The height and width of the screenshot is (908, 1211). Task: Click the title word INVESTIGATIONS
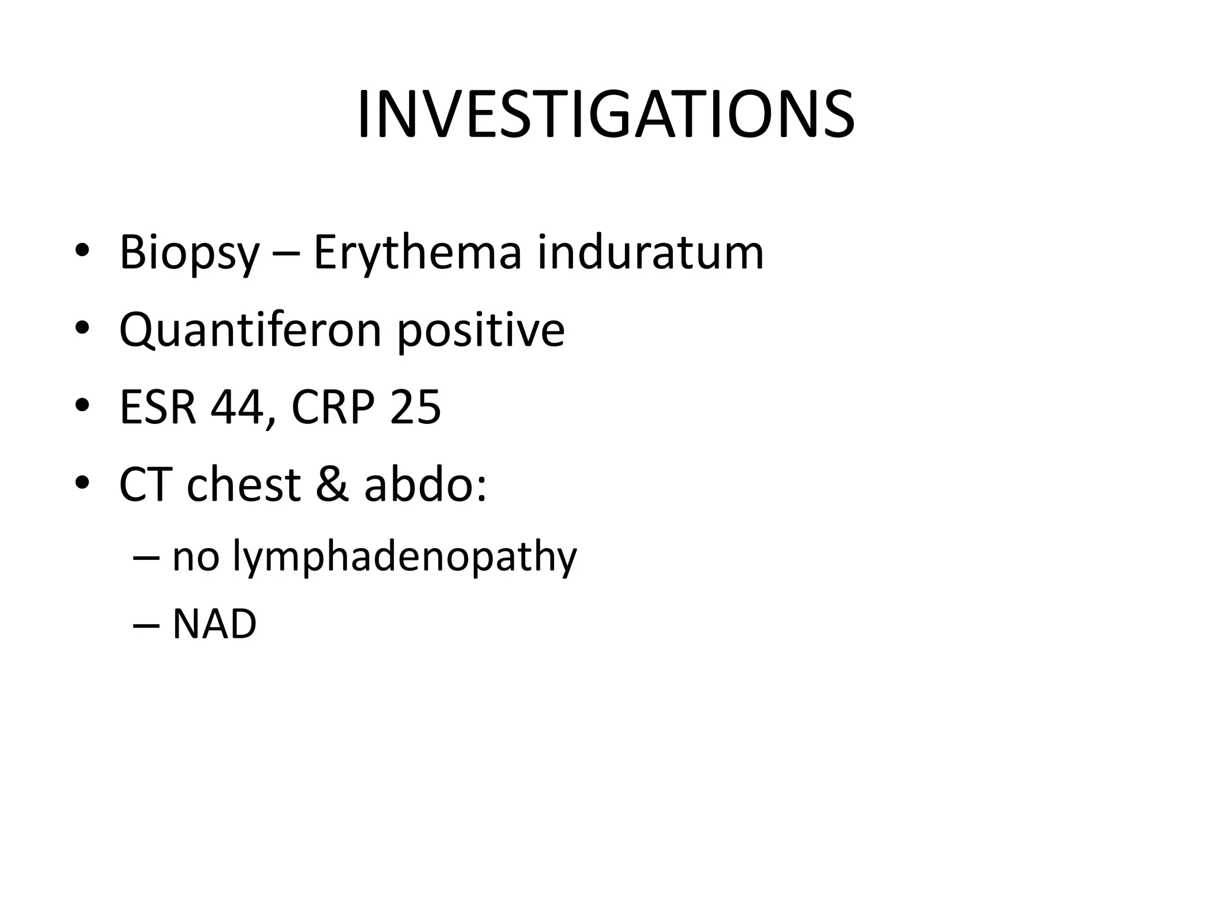605,115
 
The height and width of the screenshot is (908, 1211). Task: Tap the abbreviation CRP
333,407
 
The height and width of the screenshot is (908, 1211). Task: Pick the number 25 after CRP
415,407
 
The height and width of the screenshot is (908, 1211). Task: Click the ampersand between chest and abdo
332,485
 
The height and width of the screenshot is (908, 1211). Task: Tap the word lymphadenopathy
404,558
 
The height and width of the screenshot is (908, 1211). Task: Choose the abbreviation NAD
214,624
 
